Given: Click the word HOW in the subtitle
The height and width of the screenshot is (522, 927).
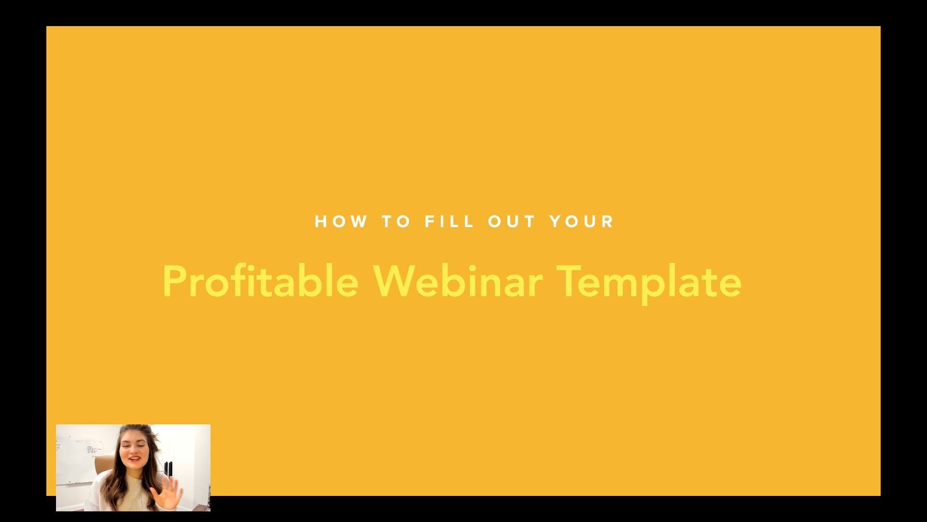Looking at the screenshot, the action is [x=341, y=222].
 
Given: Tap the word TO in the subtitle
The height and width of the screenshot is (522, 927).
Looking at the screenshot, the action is [x=396, y=222].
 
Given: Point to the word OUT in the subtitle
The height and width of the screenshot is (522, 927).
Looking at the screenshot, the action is [x=512, y=222].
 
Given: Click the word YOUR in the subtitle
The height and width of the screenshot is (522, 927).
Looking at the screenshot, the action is [x=582, y=222].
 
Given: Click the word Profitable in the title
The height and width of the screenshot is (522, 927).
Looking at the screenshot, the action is [x=261, y=281].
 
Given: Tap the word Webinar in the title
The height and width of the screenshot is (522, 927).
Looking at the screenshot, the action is [x=458, y=281].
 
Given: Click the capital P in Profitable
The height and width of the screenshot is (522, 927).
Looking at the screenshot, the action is [x=174, y=281].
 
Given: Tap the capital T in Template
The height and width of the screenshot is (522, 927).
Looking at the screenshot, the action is [x=570, y=281].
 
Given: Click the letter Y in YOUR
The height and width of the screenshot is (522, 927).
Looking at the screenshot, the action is [x=556, y=222].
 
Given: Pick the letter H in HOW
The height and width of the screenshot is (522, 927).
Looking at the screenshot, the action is [x=321, y=222].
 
